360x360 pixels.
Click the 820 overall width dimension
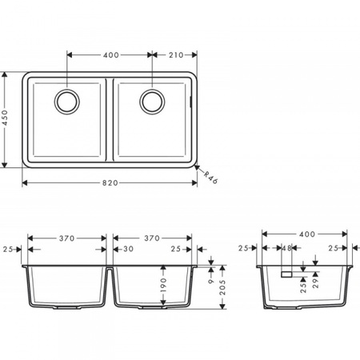coord(110,183)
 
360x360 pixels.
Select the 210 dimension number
coord(176,55)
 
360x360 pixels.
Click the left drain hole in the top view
coord(66,101)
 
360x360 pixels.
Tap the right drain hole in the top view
coord(152,101)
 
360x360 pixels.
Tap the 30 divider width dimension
coord(127,249)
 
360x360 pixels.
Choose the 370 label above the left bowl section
coord(66,238)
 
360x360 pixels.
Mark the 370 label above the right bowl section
coord(152,238)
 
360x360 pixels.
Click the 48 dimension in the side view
coord(288,249)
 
